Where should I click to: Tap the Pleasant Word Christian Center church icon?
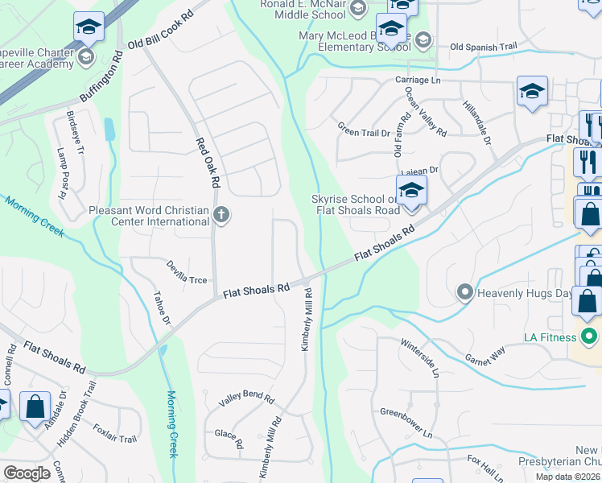(x=221, y=215)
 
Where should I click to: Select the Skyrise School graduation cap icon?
(x=411, y=192)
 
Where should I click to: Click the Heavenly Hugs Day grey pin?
(x=464, y=292)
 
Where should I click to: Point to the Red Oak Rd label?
(x=208, y=163)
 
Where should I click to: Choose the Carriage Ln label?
(x=418, y=80)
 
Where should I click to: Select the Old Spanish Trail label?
(x=482, y=47)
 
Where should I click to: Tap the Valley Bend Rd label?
(x=247, y=400)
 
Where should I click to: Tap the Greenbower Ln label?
(x=406, y=423)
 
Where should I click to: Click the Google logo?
(x=27, y=473)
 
